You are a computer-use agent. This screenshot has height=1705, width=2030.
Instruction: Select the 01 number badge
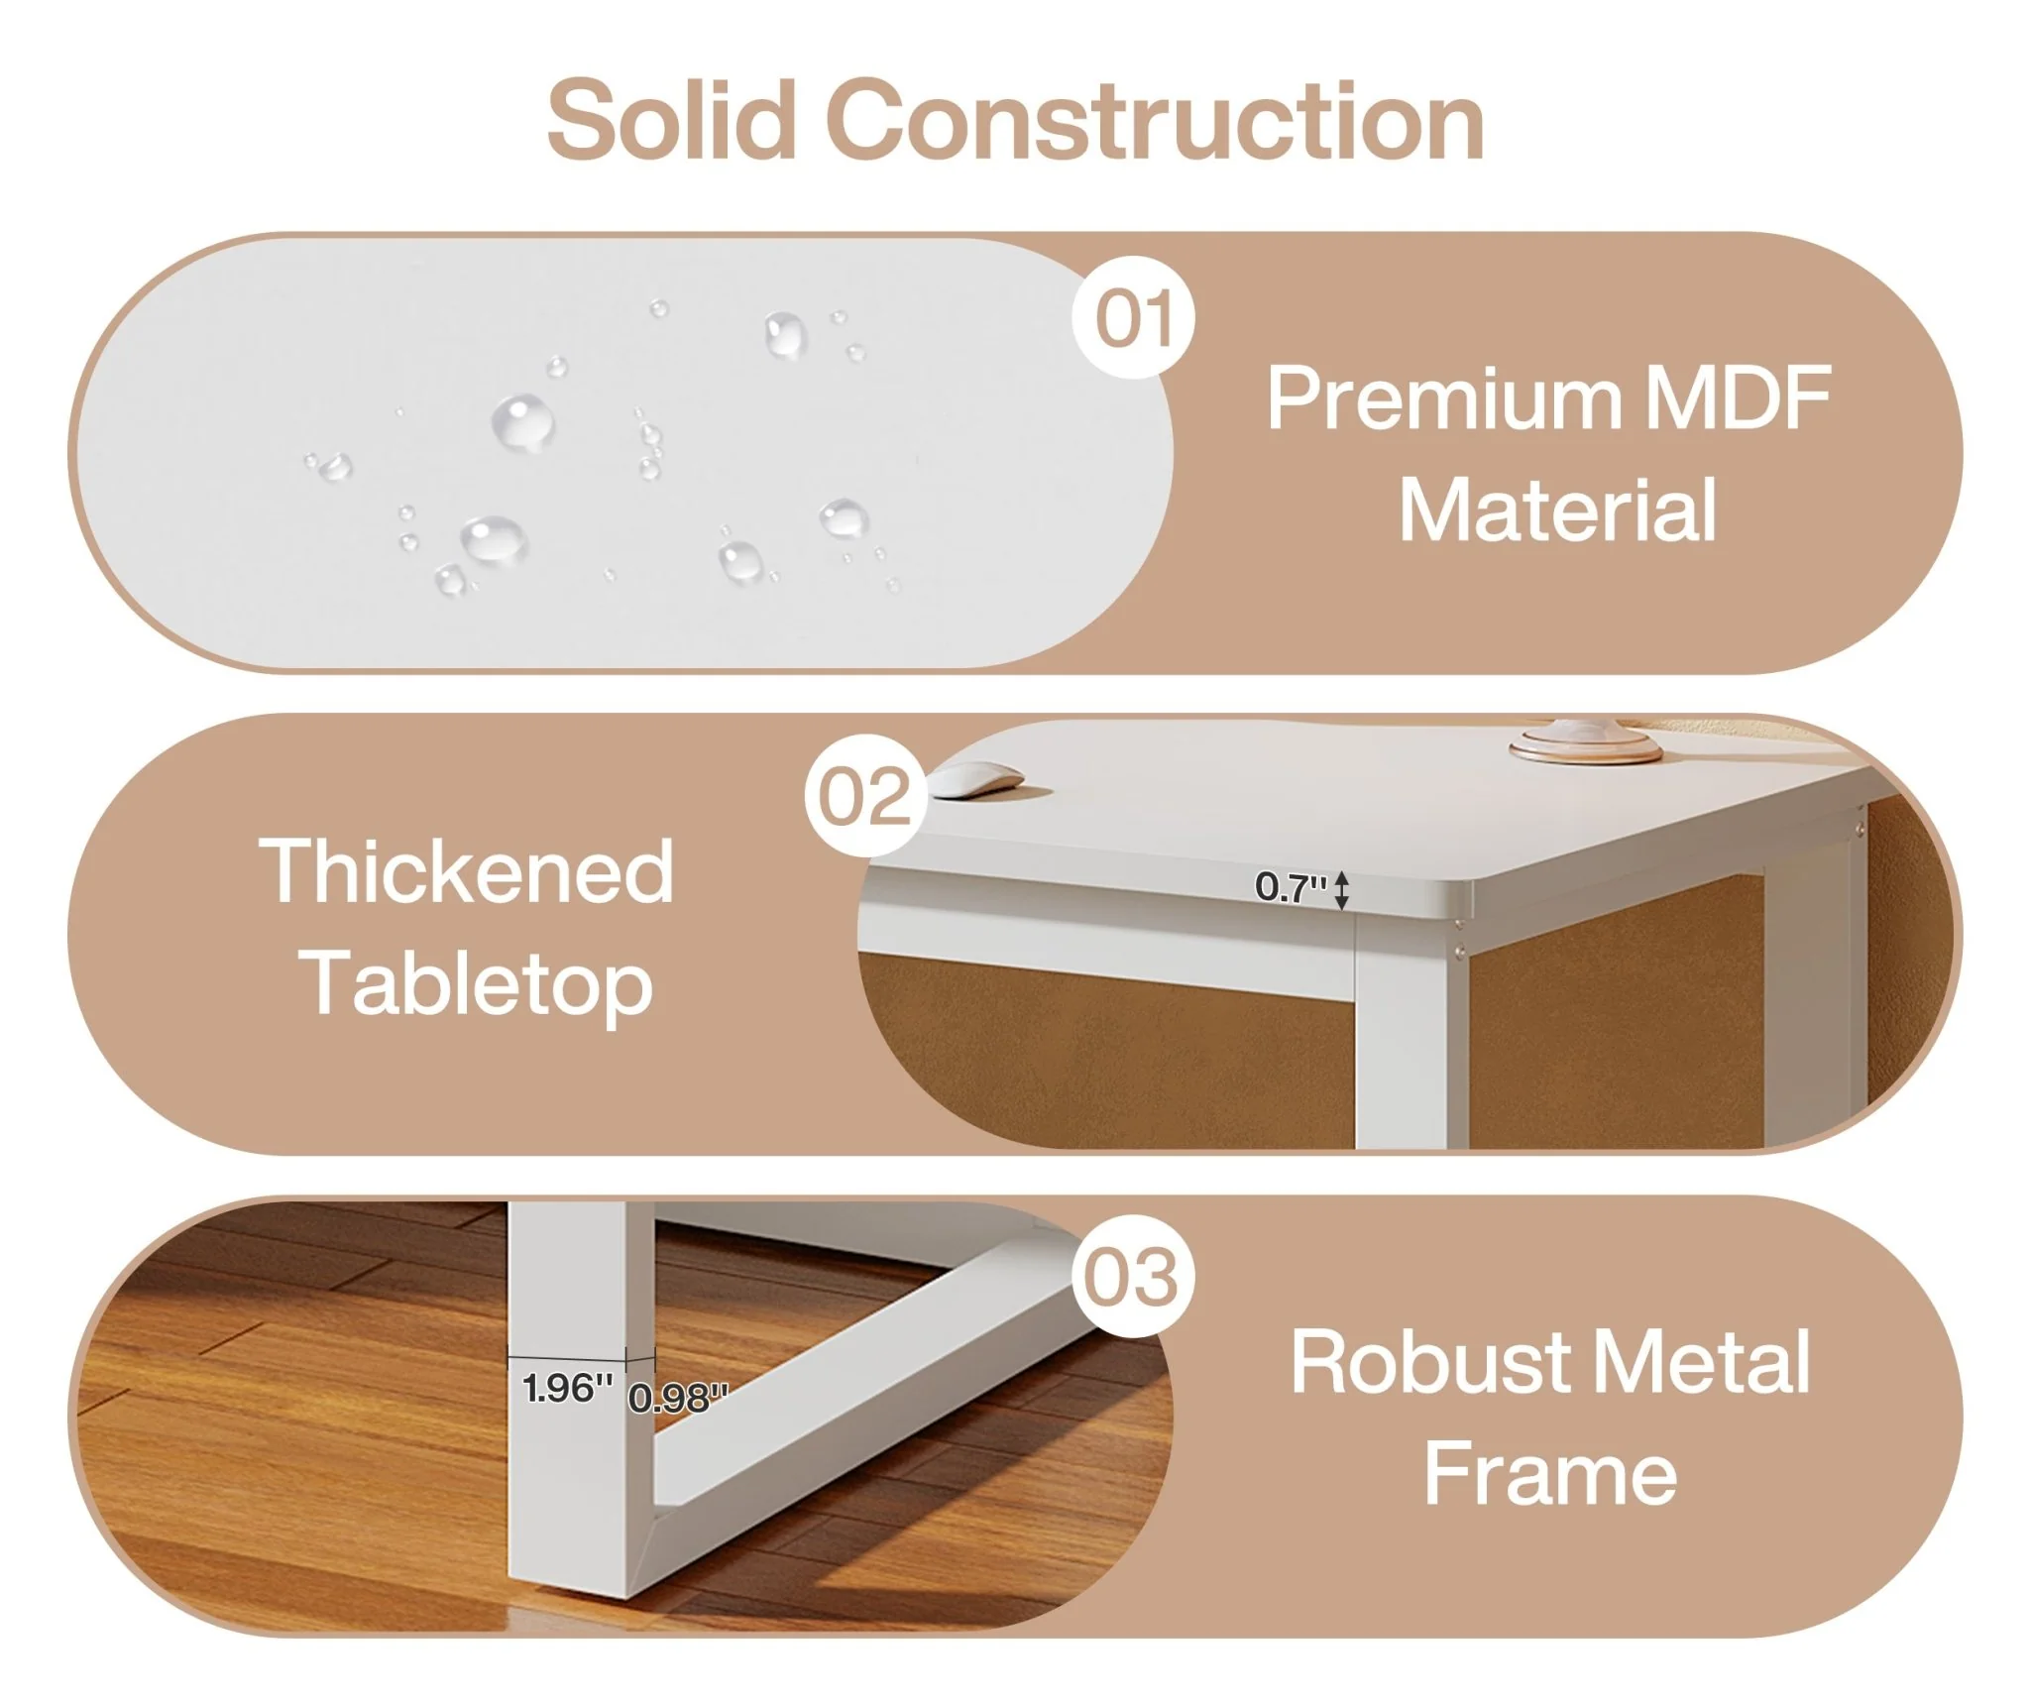(x=1134, y=317)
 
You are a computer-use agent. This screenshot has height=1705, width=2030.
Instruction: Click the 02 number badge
(x=865, y=796)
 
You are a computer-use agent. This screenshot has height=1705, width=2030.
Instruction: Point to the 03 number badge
(x=1132, y=1277)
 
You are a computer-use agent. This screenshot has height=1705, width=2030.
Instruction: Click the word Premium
(x=1443, y=398)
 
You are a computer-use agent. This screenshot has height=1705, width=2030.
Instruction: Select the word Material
(x=1557, y=511)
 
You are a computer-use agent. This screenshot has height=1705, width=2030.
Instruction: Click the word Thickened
(x=466, y=871)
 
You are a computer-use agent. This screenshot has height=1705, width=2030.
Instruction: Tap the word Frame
(x=1550, y=1475)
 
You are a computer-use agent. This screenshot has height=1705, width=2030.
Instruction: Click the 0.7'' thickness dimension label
(x=1290, y=887)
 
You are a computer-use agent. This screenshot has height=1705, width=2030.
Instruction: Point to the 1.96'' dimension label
(x=567, y=1389)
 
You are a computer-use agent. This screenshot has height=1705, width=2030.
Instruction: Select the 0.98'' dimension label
(x=678, y=1398)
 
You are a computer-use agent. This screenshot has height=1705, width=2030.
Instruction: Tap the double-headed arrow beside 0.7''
(x=1341, y=889)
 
